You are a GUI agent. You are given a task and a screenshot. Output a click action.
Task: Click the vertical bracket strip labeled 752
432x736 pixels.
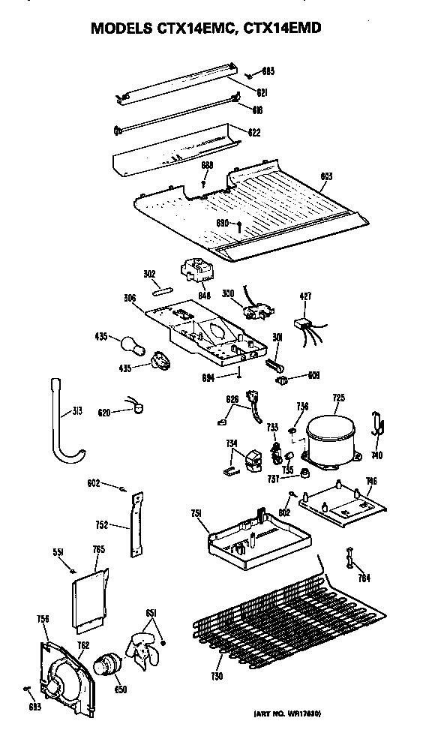coord(137,524)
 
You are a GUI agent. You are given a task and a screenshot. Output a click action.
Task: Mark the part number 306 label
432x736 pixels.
coord(130,298)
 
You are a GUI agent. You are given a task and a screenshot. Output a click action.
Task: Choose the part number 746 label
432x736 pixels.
coord(371,481)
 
